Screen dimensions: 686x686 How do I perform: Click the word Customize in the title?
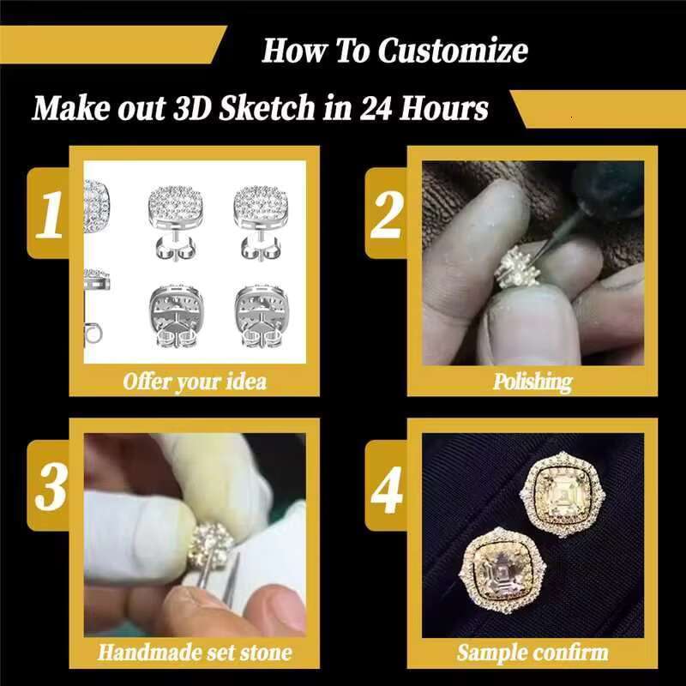453,50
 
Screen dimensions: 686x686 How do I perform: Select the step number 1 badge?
48,214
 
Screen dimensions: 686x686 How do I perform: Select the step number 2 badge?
386,214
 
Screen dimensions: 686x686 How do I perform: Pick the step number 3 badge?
48,487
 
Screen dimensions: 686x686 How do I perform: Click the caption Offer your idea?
195,380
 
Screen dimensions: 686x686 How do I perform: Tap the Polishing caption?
532,380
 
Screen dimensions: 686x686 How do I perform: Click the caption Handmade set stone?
195,652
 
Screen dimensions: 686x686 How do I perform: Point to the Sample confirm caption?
532,652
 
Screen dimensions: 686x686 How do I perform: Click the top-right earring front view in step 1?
263,206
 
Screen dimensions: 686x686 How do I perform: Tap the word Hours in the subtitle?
450,109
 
